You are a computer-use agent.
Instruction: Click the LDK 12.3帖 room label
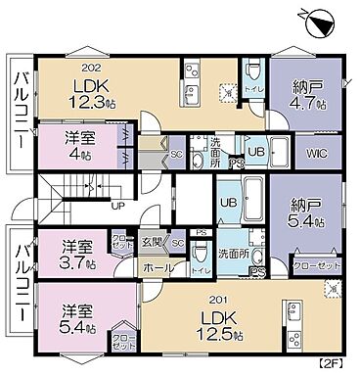pyautogui.click(x=90, y=92)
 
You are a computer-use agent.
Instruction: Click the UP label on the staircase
pyautogui.click(x=116, y=207)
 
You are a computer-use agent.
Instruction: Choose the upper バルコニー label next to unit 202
pyautogui.click(x=18, y=107)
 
